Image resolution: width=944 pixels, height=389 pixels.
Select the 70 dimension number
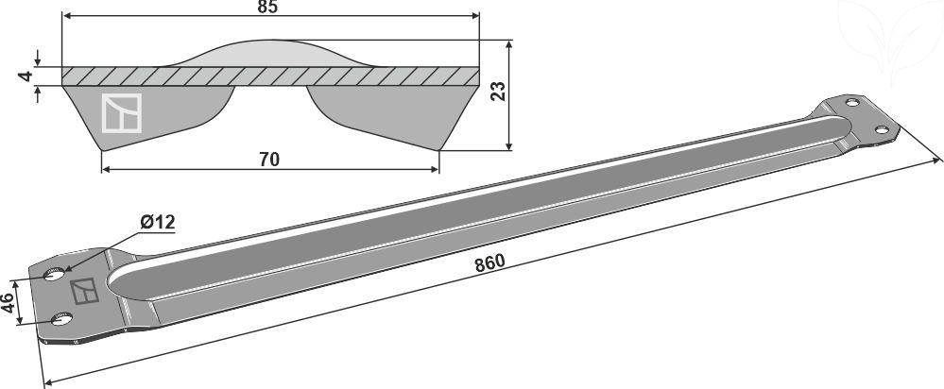(269, 160)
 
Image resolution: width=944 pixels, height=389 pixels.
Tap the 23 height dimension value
(498, 91)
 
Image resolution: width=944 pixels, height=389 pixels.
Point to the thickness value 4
(25, 76)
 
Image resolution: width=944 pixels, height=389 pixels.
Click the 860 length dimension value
(489, 262)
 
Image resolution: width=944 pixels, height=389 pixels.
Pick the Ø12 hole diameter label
(157, 223)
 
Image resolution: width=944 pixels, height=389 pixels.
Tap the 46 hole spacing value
(8, 302)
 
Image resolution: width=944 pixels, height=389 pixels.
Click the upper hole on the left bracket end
(54, 275)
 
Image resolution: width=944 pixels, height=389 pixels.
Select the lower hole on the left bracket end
(61, 318)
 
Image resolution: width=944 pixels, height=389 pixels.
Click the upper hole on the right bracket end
(852, 102)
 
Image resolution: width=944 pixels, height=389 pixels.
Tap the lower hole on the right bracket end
(882, 130)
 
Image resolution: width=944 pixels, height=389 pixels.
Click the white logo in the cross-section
(121, 113)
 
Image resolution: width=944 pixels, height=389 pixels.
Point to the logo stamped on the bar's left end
(84, 291)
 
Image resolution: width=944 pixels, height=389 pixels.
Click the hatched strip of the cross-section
(270, 76)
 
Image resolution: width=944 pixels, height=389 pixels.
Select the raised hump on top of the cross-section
(271, 54)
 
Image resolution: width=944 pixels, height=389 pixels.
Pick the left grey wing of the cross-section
(148, 117)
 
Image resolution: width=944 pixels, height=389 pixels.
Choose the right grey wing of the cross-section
(393, 117)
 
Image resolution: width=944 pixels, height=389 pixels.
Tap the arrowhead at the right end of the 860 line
(935, 161)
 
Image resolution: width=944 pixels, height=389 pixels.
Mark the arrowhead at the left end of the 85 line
(67, 16)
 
